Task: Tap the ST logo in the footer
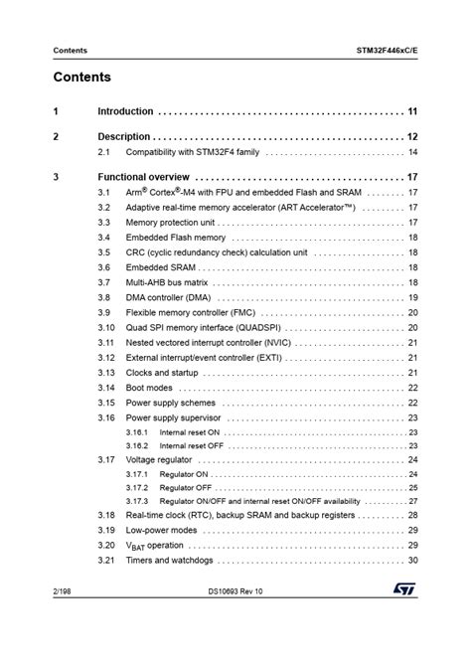pyautogui.click(x=404, y=617)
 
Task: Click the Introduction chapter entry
pyautogui.click(x=125, y=111)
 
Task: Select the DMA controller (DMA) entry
pyautogui.click(x=168, y=298)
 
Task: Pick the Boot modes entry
pyautogui.click(x=149, y=388)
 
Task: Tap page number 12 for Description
pyautogui.click(x=412, y=136)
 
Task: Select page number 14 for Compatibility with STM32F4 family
pyautogui.click(x=412, y=152)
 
